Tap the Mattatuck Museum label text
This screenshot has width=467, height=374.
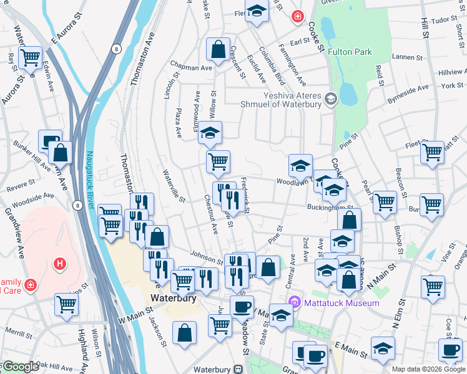(x=342, y=303)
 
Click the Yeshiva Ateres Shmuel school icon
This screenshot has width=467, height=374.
(x=331, y=98)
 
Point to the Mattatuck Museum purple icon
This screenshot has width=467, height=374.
(x=297, y=303)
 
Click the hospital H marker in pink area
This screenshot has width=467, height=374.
(x=60, y=264)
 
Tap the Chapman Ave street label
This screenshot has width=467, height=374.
(x=194, y=67)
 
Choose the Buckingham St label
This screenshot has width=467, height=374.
(x=330, y=208)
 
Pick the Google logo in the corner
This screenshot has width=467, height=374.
(x=20, y=367)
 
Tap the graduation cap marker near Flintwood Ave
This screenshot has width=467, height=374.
(x=210, y=133)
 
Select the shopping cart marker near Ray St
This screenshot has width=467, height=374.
(x=30, y=58)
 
